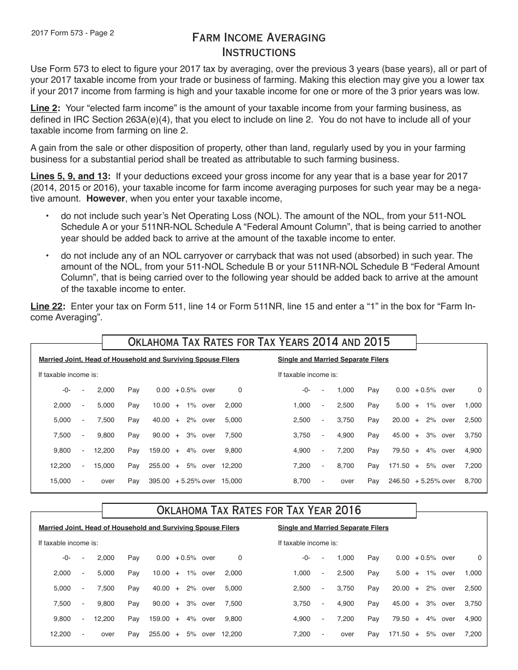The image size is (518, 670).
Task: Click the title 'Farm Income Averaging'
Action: (x=259, y=38)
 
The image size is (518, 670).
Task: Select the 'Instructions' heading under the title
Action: (x=259, y=52)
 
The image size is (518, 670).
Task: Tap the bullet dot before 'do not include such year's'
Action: (x=47, y=216)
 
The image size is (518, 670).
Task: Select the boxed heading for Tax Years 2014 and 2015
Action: (x=259, y=342)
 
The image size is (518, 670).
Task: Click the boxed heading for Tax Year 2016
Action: (x=259, y=510)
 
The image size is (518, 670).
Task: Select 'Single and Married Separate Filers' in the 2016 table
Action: (x=333, y=528)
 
